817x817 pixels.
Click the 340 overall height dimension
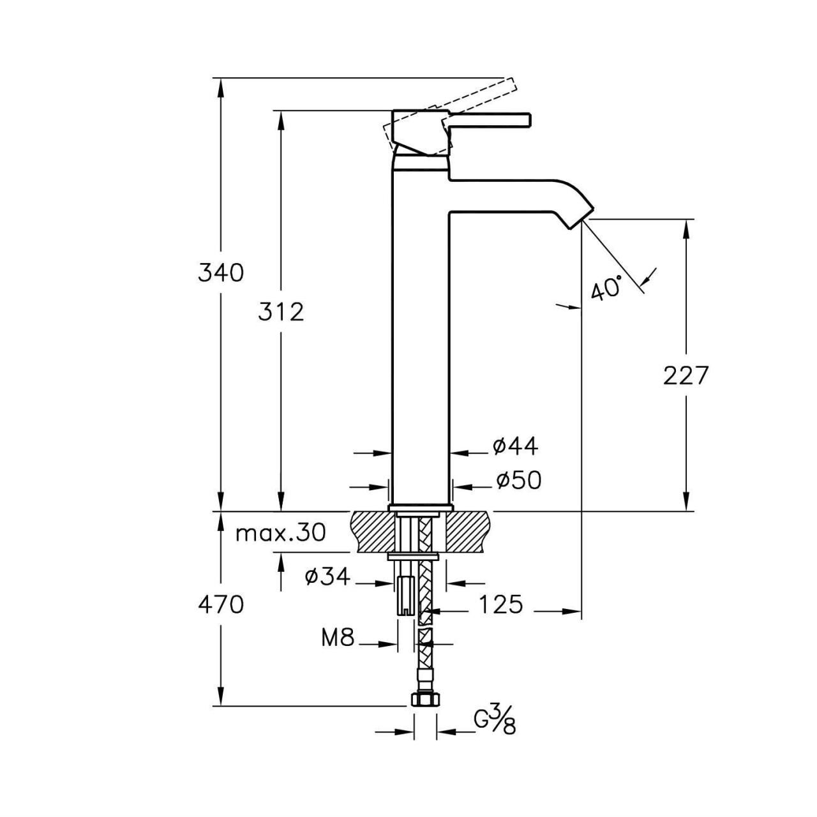coord(220,273)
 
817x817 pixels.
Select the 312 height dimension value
coord(281,312)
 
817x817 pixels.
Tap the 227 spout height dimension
coord(686,375)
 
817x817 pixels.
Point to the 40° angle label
coord(606,289)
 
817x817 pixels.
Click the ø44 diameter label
coord(515,447)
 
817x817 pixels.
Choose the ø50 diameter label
coord(518,481)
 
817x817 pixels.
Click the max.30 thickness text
coord(280,533)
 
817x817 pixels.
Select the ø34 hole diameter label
coord(327,577)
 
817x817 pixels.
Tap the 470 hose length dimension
coord(220,604)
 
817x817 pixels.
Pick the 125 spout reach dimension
coord(501,604)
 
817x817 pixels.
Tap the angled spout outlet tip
coord(580,216)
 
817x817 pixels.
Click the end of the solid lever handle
coord(527,120)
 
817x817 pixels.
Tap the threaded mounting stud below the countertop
coord(404,597)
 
